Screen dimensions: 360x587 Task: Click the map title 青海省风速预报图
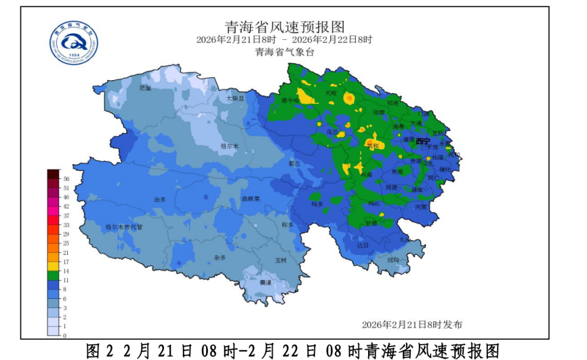284,27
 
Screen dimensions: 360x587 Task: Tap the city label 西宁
423,141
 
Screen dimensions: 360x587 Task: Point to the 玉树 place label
281,260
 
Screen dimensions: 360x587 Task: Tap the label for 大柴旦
235,98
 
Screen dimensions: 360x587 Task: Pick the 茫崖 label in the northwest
145,88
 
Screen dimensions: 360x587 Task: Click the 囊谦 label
265,282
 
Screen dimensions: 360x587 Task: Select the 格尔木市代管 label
124,227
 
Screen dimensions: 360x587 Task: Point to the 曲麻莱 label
251,199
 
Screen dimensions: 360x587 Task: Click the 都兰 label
295,163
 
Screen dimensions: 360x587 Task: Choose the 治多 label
160,199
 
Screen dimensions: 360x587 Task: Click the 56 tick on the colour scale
65,178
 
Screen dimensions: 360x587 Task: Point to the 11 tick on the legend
65,280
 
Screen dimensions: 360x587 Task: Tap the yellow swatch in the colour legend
53,266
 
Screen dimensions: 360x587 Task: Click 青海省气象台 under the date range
284,52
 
